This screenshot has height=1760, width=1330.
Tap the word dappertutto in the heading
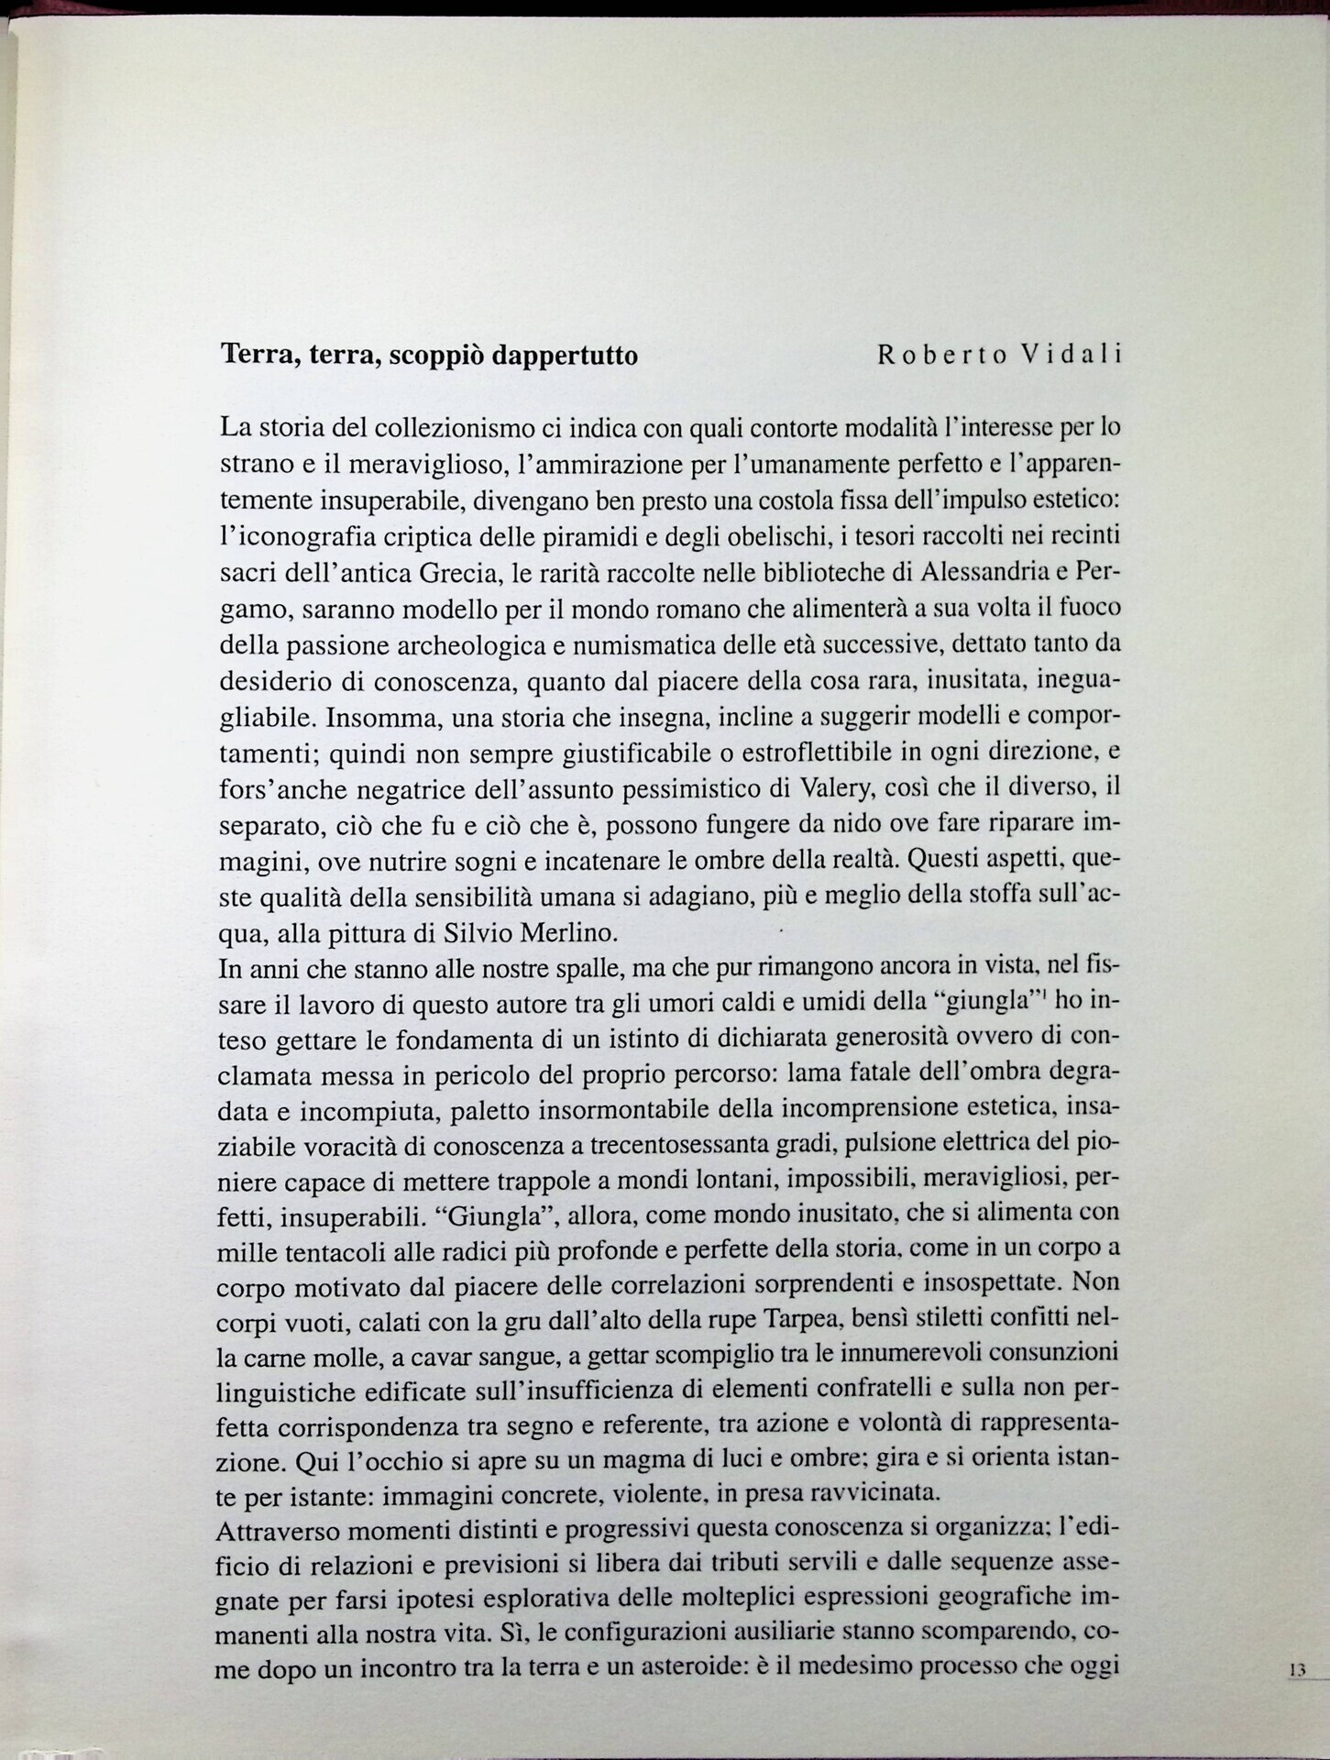(x=565, y=356)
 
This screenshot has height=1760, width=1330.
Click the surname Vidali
(x=1072, y=356)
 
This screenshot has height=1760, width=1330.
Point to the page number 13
(x=1296, y=1670)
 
